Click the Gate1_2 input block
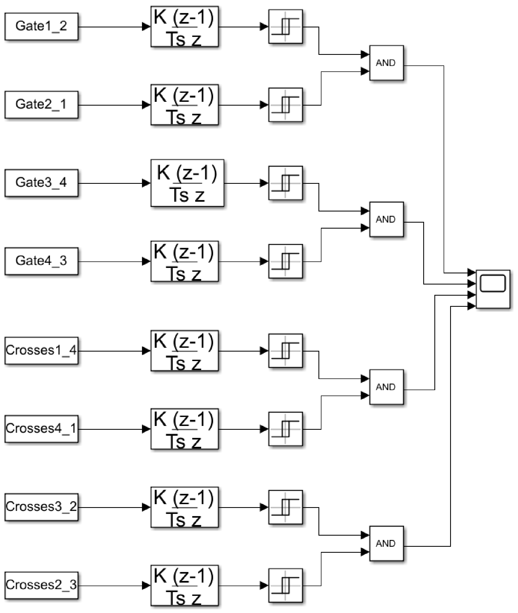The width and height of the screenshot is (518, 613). click(x=42, y=26)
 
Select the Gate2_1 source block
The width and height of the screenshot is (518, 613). click(x=42, y=105)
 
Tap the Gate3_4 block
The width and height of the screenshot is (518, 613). click(x=42, y=183)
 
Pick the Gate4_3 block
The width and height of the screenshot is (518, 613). click(x=42, y=261)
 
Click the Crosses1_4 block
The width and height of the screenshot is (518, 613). click(x=42, y=350)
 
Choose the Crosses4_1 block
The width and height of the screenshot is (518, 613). click(x=42, y=429)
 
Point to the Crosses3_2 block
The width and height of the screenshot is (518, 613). click(x=42, y=507)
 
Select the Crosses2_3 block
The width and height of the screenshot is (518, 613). click(x=42, y=585)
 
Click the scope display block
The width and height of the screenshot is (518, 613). click(x=493, y=289)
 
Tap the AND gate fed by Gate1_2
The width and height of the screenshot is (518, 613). click(x=386, y=63)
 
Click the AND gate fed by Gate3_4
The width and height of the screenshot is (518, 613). click(x=386, y=219)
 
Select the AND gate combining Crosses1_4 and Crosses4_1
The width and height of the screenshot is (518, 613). click(x=386, y=387)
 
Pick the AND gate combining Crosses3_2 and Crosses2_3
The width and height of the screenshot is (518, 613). click(x=386, y=544)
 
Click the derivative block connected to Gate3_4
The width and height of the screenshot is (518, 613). click(x=187, y=183)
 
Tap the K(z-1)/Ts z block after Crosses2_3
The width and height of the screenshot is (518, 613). click(x=184, y=585)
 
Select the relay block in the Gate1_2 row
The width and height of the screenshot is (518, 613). click(x=285, y=26)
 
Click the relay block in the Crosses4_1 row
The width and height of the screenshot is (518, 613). click(x=285, y=429)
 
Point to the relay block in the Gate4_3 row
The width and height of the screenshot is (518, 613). click(x=285, y=261)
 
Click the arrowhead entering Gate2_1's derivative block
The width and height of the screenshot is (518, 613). click(x=146, y=105)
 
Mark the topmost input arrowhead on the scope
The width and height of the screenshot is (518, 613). click(x=472, y=273)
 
